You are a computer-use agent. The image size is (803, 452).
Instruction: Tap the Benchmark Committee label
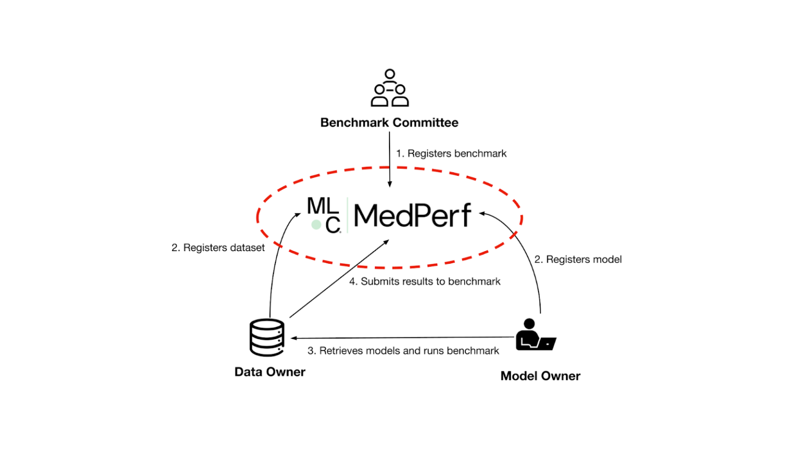coord(389,122)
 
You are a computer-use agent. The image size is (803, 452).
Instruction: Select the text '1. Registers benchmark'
coord(451,153)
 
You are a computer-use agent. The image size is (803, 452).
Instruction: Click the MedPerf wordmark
coord(412,216)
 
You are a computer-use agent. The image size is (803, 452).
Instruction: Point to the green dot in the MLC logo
coord(316,225)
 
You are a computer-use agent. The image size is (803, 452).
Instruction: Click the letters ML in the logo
coord(322,206)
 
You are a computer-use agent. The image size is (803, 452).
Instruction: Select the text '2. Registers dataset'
coord(218,247)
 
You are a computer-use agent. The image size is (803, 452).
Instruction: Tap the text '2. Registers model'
coord(578,259)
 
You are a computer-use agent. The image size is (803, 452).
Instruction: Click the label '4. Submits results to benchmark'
coord(425,281)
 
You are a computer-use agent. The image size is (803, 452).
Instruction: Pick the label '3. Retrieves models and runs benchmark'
coord(403,351)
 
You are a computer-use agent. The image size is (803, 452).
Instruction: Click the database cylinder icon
coord(267,337)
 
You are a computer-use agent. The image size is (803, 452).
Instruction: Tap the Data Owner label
coord(270,372)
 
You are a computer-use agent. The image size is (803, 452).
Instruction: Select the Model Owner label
coord(540,376)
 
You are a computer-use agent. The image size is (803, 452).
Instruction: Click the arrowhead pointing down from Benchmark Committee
coord(389,184)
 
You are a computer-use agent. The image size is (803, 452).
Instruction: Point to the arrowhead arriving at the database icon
coord(294,338)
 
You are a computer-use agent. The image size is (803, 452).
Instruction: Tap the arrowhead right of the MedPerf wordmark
coord(482,213)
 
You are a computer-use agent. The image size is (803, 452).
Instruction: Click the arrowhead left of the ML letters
coord(298,214)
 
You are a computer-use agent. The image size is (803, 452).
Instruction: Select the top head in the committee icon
coord(389,74)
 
